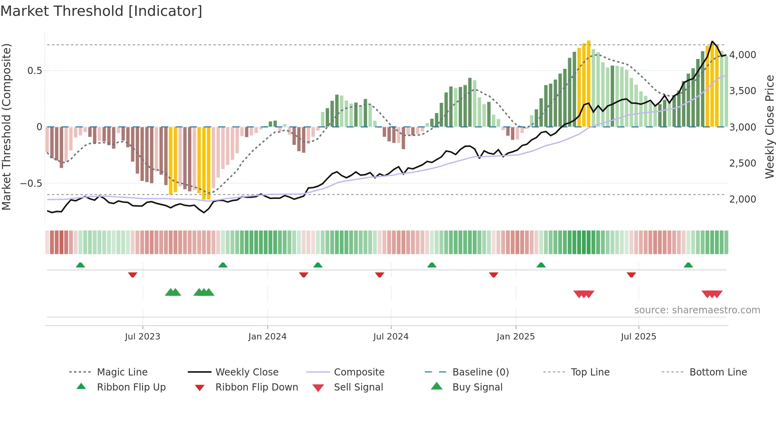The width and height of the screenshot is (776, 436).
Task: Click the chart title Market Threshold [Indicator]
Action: point(101,11)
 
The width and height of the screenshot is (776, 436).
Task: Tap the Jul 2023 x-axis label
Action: point(143,336)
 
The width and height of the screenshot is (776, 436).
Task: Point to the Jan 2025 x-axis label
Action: point(515,336)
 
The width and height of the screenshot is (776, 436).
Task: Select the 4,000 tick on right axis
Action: point(742,55)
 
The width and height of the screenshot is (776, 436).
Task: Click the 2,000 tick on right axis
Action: point(742,199)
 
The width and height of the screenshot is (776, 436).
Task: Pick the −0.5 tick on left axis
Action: point(31,183)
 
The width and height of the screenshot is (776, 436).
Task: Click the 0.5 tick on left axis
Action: point(34,70)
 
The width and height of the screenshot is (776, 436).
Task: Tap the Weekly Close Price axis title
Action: point(769,127)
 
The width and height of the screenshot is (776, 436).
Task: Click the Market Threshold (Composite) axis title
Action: point(6,127)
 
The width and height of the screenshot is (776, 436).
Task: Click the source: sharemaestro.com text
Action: point(697,310)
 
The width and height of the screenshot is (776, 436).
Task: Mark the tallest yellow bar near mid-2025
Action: point(589,83)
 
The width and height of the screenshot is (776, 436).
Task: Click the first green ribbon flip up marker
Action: point(80,265)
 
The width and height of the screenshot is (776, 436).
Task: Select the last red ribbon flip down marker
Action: point(631,275)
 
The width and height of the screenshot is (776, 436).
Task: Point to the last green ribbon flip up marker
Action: point(688,265)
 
